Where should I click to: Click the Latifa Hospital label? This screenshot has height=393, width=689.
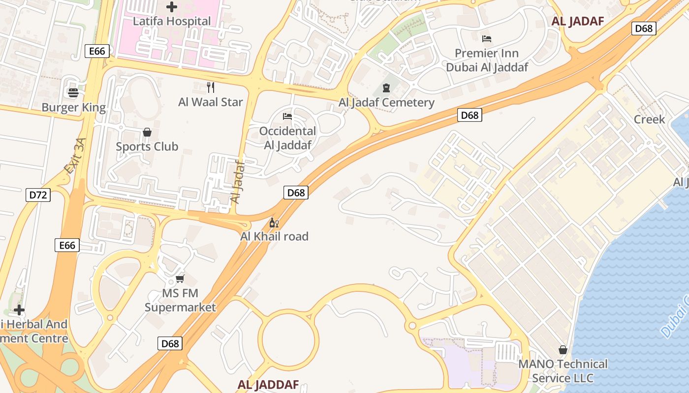[x=172, y=21]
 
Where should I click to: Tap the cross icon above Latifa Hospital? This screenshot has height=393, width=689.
[x=172, y=7]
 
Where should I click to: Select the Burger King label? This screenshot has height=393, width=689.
[x=74, y=108]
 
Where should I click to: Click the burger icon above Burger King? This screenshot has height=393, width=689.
[x=73, y=93]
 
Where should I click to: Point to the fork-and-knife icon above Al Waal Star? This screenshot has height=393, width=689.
[x=211, y=87]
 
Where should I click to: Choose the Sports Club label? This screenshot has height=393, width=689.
[x=147, y=146]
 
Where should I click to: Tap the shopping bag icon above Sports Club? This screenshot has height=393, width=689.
[x=147, y=132]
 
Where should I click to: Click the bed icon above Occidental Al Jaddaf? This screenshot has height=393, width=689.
[x=287, y=116]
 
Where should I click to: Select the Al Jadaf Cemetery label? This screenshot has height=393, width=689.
[x=386, y=103]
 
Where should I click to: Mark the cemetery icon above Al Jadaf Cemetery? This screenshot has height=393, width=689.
[x=386, y=88]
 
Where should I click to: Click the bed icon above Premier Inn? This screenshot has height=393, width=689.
[x=487, y=38]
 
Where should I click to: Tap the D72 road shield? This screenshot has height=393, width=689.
[x=38, y=195]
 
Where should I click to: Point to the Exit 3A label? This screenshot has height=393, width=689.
[x=75, y=156]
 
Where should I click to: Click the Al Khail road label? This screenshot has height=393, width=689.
[x=274, y=236]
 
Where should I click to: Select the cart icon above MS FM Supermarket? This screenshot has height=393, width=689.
[x=180, y=279]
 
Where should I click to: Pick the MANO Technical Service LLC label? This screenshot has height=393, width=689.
[x=563, y=371]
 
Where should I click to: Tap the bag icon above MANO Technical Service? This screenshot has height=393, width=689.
[x=563, y=350]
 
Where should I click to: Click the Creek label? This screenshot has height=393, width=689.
[x=649, y=119]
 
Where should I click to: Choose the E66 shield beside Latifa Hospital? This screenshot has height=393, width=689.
[x=96, y=51]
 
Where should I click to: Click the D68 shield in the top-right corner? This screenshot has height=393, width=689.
[x=644, y=28]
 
